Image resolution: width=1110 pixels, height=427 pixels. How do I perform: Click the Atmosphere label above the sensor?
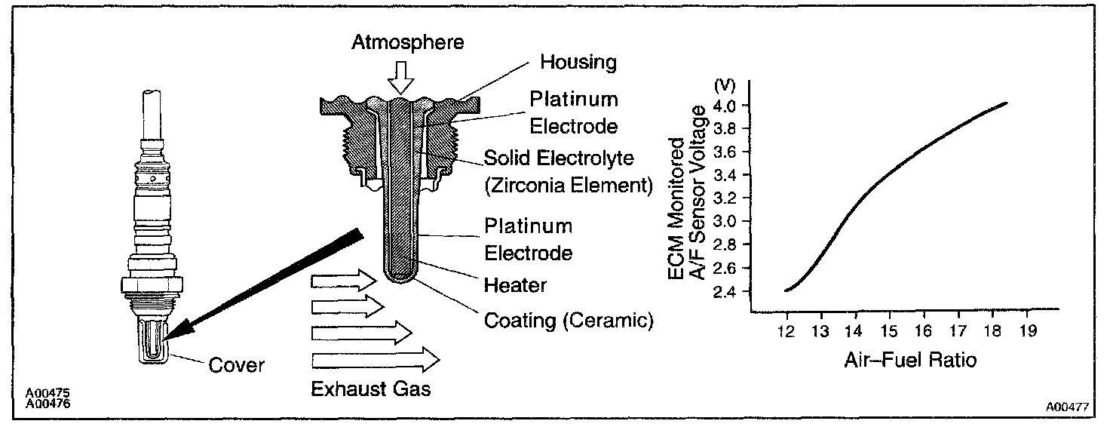(408, 43)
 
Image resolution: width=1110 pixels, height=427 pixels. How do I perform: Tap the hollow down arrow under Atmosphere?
(399, 78)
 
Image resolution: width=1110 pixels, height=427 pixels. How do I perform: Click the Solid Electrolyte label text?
(559, 159)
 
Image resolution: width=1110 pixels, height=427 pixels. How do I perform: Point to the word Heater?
(515, 286)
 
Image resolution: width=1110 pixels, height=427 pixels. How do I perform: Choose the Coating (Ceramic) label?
(568, 320)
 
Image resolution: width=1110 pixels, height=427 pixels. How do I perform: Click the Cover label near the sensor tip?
(236, 365)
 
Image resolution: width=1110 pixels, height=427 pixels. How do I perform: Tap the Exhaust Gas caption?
(370, 389)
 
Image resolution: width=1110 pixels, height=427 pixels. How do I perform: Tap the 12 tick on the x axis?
(787, 331)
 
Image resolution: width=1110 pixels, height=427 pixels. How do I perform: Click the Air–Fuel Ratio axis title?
(910, 360)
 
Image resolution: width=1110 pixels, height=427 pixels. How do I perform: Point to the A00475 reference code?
(44, 394)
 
